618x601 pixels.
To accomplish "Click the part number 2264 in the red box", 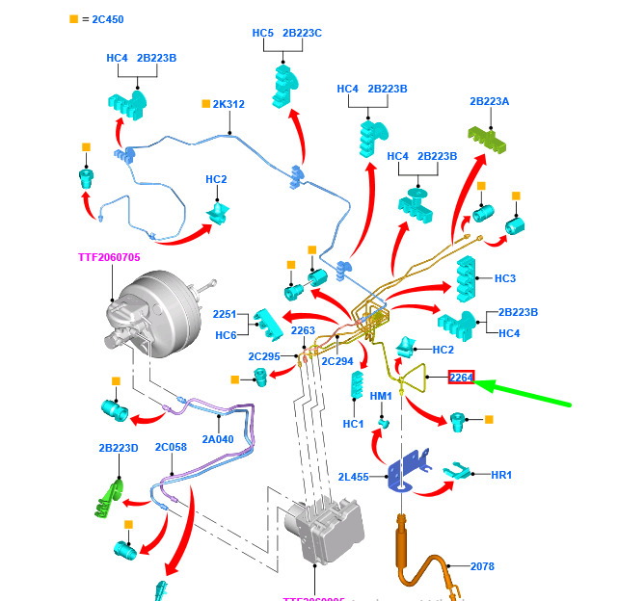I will point(461,378).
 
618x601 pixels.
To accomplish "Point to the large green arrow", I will point(525,396).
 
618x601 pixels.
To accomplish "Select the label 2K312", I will point(228,104).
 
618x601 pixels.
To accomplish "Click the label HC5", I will point(262,34).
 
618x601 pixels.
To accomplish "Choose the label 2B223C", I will point(302,34).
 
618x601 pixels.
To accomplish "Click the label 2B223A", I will point(489,101).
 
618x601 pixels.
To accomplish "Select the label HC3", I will point(504,278).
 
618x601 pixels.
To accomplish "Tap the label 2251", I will point(225,315).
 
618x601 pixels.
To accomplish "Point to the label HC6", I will point(226,334).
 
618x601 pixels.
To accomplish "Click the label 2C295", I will point(263,356).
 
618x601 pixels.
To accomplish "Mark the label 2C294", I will point(337,361).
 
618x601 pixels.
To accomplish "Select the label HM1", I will point(381,396).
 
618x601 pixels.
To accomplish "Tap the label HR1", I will point(501,475).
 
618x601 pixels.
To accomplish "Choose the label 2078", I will point(482,566).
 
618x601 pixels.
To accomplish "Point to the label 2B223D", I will point(118,448).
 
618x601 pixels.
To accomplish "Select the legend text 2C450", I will point(108,18).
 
